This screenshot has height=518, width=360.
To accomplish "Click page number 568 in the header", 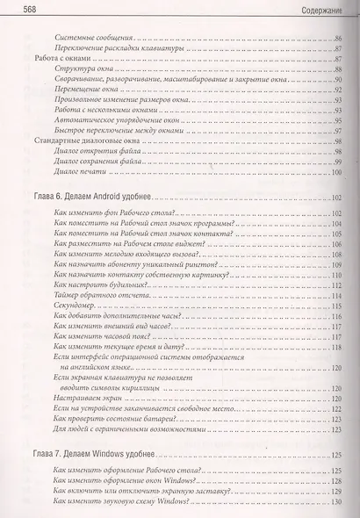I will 17,9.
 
